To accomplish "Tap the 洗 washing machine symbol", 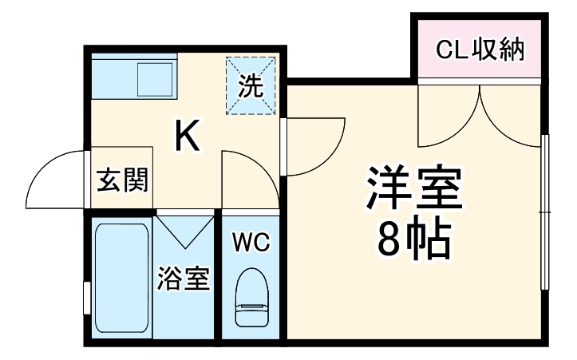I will click(x=251, y=85).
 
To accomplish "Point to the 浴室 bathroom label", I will click(x=183, y=279).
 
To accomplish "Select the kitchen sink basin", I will click(x=156, y=79).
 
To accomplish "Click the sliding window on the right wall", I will click(x=545, y=212).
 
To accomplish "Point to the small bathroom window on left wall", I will click(x=86, y=297).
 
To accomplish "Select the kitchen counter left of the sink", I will click(x=112, y=79).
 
